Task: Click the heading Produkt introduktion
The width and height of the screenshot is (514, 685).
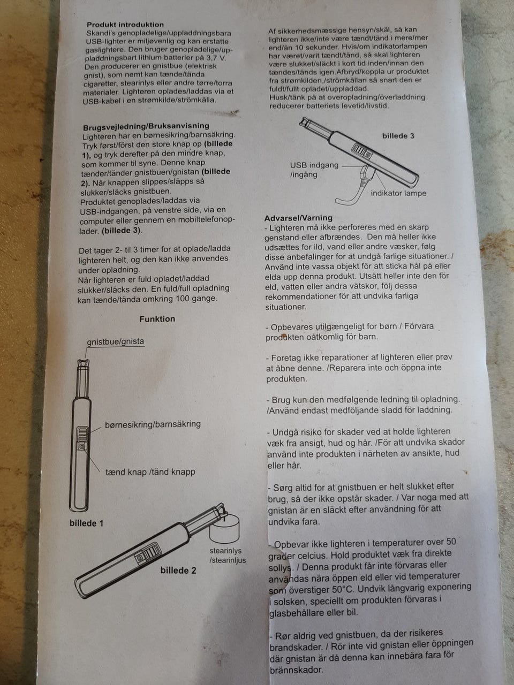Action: point(125,25)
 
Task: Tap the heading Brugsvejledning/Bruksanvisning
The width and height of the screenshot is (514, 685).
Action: point(146,126)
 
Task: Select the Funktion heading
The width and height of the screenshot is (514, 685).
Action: point(157,319)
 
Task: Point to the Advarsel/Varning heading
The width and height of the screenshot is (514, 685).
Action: point(298,218)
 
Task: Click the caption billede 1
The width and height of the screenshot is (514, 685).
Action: point(86,523)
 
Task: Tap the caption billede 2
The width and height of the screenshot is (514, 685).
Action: point(178,570)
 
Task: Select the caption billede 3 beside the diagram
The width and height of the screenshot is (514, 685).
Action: point(398,136)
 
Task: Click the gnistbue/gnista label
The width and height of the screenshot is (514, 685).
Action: point(116,341)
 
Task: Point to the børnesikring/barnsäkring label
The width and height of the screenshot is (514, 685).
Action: point(153,424)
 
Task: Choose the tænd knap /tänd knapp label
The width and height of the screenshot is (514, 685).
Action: point(150,472)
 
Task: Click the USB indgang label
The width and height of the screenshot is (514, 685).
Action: point(314,165)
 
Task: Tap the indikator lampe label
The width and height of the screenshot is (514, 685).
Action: point(398,194)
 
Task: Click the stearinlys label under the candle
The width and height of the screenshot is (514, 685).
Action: point(225,551)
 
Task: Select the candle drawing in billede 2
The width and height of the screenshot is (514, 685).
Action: point(225,529)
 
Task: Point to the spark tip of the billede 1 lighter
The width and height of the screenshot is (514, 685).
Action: point(84,363)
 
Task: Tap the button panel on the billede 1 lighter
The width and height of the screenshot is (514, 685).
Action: point(82,438)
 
